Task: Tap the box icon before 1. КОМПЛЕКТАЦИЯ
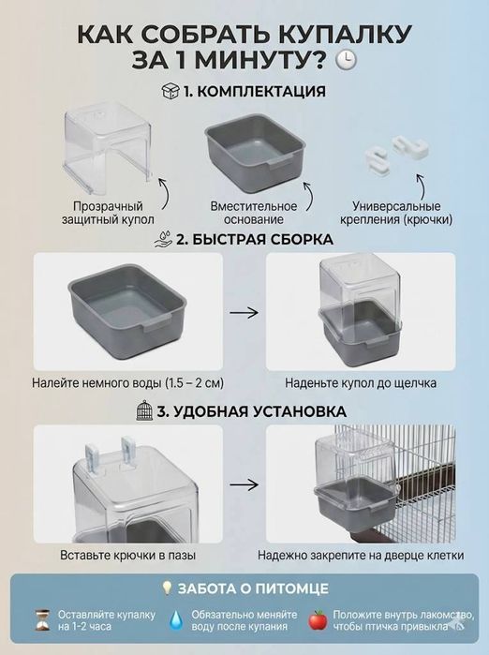pos(170,92)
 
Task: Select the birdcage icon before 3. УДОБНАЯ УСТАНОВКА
pos(142,411)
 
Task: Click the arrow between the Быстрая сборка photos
pos(244,315)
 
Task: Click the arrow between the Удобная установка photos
pos(244,486)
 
